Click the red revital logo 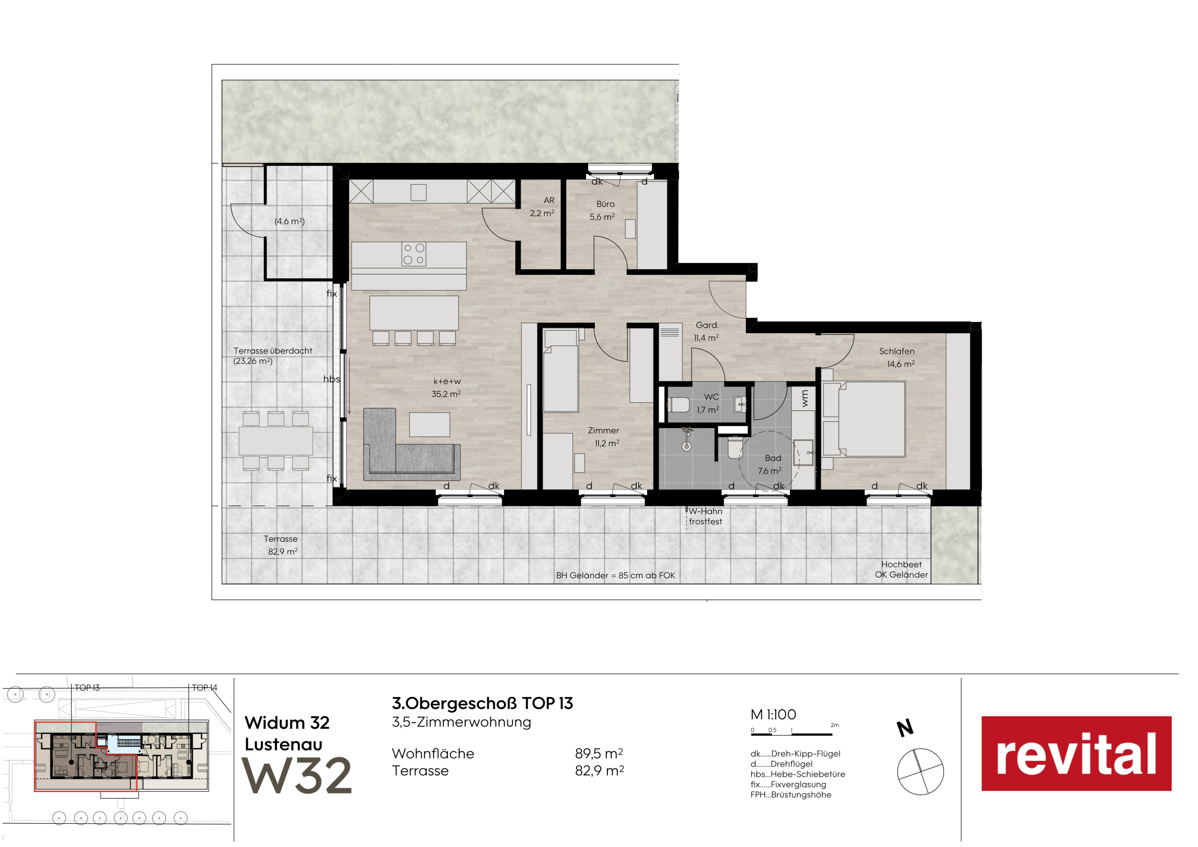(x=1076, y=753)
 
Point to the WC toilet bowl (x=679, y=405)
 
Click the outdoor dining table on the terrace (x=276, y=441)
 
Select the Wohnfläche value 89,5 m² (x=599, y=754)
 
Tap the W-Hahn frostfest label (x=705, y=516)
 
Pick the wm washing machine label (x=805, y=398)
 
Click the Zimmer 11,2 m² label (x=604, y=437)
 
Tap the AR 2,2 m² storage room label (x=542, y=207)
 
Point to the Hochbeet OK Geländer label (x=901, y=569)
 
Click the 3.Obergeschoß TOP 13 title (x=483, y=704)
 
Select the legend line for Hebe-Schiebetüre (x=798, y=774)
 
